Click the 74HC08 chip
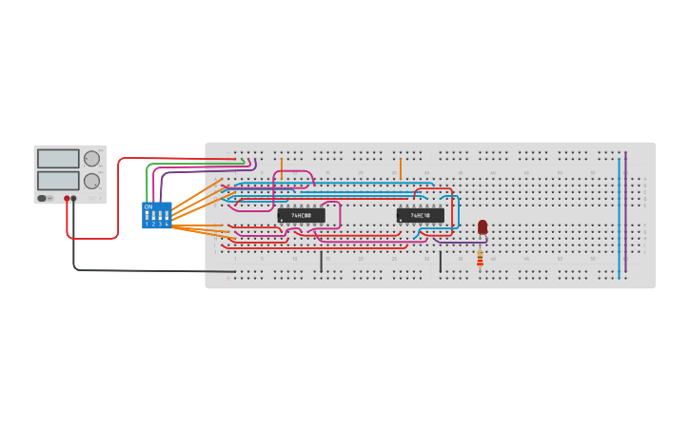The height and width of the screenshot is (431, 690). pos(301,215)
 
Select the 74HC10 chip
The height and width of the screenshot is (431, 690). pos(420,215)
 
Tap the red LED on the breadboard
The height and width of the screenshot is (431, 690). pos(483,226)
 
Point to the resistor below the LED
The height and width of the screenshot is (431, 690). pos(480,258)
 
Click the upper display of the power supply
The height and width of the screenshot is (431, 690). pos(58,159)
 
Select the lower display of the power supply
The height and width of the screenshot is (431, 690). pos(58,180)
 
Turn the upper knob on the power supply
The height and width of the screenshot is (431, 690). pos(91,159)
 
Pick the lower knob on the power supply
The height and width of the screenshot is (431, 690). pos(91,181)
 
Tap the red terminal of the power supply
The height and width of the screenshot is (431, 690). pos(67,199)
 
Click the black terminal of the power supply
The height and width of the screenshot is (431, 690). pos(74,199)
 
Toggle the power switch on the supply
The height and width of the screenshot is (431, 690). pos(43,198)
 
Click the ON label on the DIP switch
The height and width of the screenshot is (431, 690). pos(148,206)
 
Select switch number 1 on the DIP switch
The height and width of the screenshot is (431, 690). pos(147,217)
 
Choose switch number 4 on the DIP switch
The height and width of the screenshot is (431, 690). pos(167,217)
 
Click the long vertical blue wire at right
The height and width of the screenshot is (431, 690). pos(619,219)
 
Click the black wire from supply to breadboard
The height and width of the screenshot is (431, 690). pos(143,270)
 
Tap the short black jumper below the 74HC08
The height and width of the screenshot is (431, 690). pos(321,261)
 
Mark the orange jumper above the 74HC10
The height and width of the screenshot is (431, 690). pos(401,168)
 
